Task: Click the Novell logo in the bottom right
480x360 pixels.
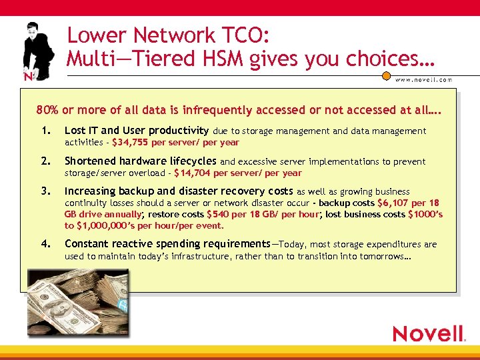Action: coord(428,333)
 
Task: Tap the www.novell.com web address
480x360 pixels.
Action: coord(425,79)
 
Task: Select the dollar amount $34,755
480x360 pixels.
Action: coord(131,142)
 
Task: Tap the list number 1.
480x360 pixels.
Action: coord(45,131)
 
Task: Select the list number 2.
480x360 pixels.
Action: coord(45,161)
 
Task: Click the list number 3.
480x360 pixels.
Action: coord(45,191)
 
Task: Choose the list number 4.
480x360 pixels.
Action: coord(45,244)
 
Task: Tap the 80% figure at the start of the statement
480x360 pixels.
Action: coord(49,110)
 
